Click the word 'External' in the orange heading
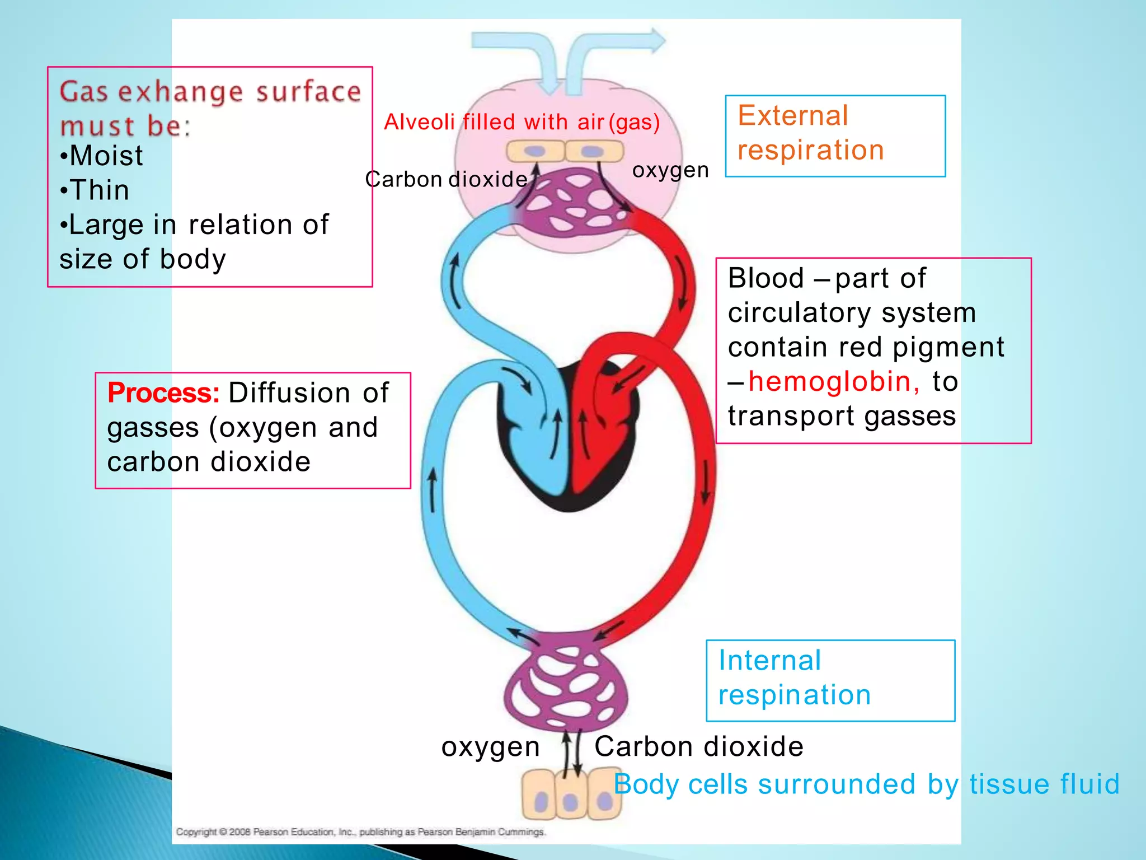pos(793,116)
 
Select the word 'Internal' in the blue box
pos(769,661)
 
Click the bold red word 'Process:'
pos(163,392)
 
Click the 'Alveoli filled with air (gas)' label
pos(522,122)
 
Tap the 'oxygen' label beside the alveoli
pos(670,170)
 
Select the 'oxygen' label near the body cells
pos(490,747)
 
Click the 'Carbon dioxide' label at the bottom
pos(698,747)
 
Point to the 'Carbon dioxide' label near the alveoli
pos(446,180)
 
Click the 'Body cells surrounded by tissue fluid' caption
pos(866,784)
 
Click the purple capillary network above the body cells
pos(565,683)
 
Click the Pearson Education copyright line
pos(360,832)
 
